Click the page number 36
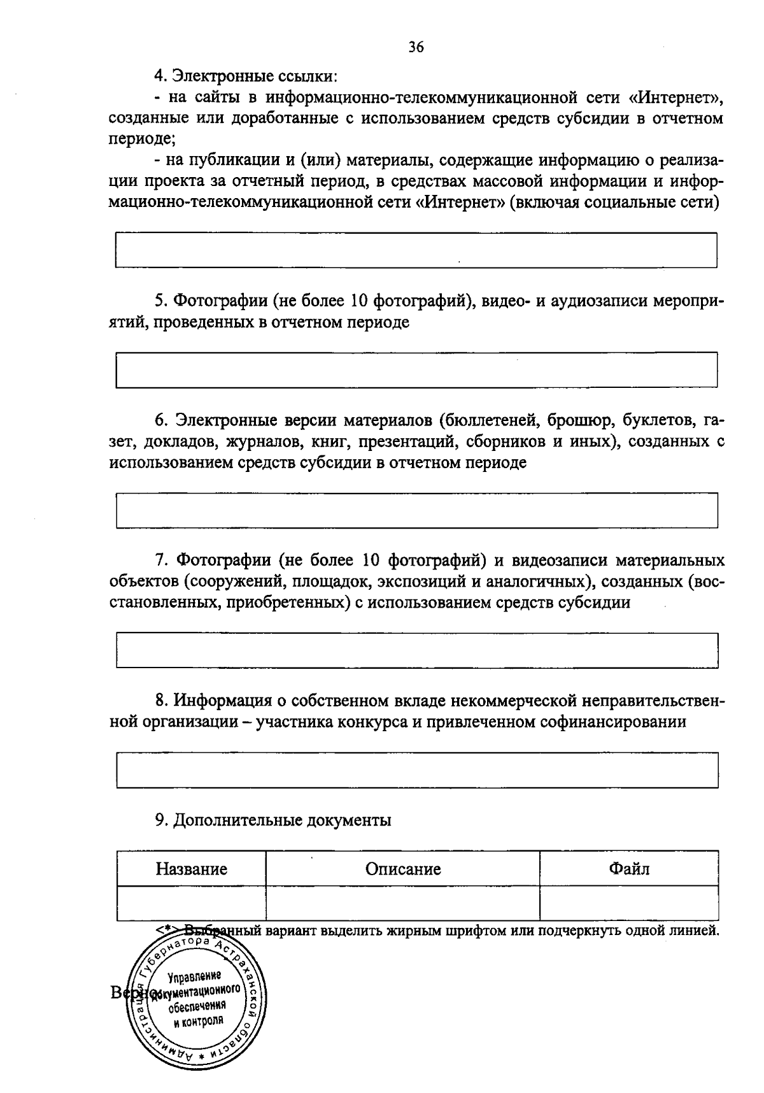(416, 47)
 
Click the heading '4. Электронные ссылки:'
(246, 77)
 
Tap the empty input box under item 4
(416, 250)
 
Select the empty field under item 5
(416, 369)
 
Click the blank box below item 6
(416, 510)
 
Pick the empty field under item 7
(416, 650)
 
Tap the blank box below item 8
(416, 770)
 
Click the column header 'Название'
(192, 869)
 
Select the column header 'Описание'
(403, 869)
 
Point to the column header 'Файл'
(629, 868)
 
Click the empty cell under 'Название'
(192, 903)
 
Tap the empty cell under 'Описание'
(403, 903)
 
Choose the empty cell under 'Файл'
(629, 903)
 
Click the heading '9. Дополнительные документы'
(274, 820)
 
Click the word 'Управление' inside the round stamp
(194, 976)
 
